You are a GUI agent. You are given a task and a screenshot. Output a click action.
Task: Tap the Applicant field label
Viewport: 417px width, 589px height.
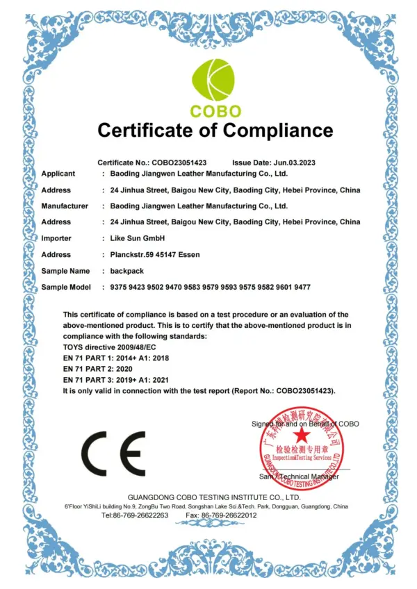(58, 174)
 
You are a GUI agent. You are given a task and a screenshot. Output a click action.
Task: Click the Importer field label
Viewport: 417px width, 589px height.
(57, 238)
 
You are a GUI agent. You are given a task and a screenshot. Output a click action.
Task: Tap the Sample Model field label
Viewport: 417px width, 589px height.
(67, 287)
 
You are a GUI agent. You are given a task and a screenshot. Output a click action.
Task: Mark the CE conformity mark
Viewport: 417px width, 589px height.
(114, 452)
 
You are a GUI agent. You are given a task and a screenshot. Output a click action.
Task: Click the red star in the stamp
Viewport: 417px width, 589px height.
(301, 435)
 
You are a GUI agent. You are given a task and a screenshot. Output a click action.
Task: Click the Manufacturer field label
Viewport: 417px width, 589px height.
(65, 206)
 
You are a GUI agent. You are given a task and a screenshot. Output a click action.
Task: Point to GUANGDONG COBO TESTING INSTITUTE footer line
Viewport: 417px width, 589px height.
(214, 497)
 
